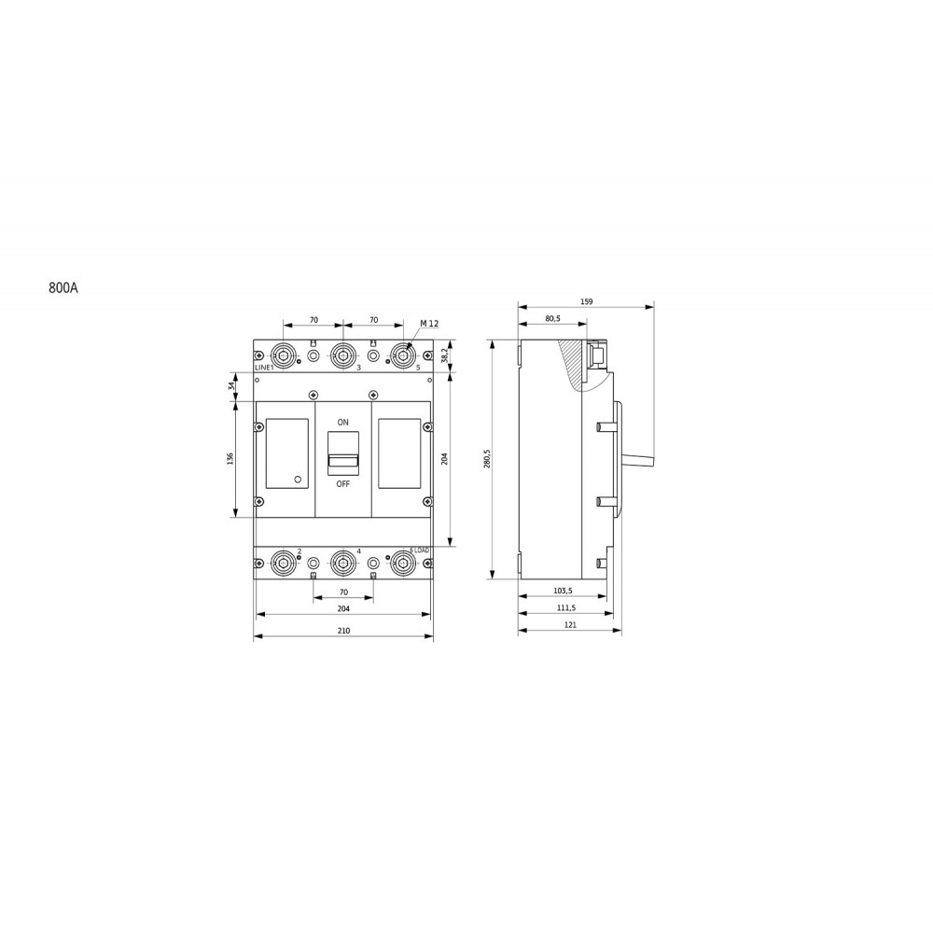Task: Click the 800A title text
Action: click(63, 288)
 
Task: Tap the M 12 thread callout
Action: click(429, 324)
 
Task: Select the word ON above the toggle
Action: click(342, 423)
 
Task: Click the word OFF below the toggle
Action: click(342, 484)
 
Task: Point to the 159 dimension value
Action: click(586, 301)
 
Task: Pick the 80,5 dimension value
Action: click(552, 318)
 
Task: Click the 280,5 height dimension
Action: click(487, 459)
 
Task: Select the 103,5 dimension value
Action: click(563, 591)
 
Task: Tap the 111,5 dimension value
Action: click(566, 608)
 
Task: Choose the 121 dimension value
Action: click(570, 625)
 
